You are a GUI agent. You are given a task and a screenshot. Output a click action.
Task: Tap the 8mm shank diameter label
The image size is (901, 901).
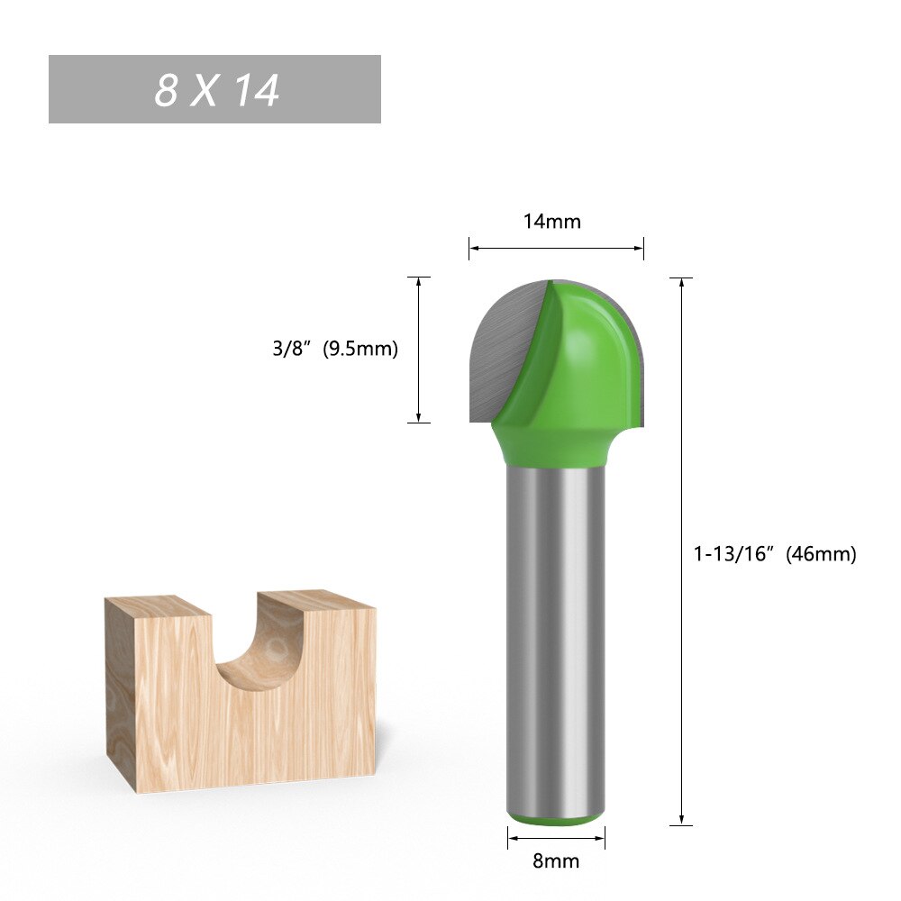556,861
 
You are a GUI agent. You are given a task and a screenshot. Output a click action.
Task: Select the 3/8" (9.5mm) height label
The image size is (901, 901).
335,349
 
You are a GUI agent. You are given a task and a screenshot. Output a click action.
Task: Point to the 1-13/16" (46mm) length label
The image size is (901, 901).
774,554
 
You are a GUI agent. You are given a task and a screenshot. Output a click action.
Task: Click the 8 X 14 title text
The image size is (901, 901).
216,90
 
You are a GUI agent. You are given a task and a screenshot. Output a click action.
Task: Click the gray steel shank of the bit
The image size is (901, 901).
555,631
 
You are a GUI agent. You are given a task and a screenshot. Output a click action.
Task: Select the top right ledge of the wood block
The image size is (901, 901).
315,599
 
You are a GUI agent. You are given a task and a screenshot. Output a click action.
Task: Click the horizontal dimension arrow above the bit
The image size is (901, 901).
556,248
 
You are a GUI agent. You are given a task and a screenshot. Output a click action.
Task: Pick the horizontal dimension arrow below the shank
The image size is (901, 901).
556,839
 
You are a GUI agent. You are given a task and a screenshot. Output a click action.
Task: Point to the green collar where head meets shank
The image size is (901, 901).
555,450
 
